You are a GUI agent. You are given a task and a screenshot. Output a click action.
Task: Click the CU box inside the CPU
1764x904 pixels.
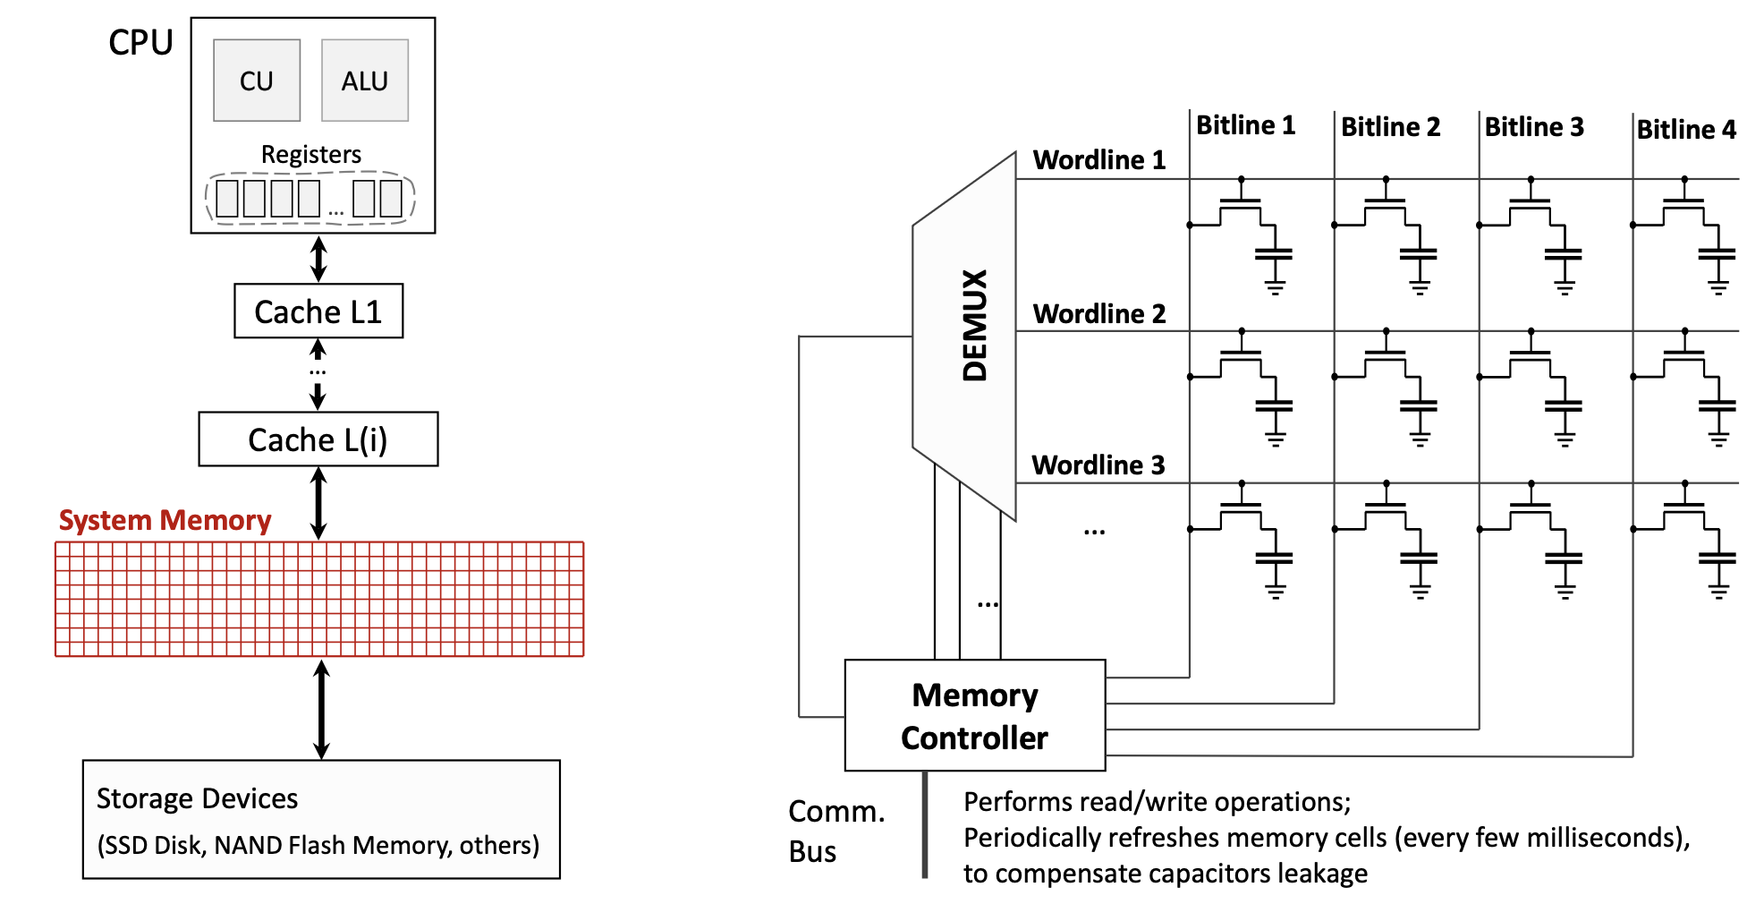257,81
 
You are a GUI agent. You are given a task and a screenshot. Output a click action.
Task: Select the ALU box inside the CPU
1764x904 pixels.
365,81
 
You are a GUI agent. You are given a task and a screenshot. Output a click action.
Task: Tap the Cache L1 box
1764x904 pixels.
318,311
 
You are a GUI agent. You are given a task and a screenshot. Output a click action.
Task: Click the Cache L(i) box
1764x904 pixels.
318,439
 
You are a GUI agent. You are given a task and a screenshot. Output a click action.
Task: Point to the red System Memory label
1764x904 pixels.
165,520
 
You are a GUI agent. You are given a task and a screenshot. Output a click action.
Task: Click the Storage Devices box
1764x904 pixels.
321,819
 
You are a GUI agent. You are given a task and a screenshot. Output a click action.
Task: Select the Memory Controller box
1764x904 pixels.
975,716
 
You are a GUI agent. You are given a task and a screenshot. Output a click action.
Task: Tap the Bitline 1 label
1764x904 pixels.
1245,125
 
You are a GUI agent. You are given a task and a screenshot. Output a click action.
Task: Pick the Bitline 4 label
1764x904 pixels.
1686,130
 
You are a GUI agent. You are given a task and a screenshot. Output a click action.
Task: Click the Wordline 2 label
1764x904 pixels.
1099,314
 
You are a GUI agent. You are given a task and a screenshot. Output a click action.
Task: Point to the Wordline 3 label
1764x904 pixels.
1098,465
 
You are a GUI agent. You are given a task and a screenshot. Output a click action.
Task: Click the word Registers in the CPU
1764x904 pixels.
311,154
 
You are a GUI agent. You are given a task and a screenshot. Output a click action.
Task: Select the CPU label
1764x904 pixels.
140,42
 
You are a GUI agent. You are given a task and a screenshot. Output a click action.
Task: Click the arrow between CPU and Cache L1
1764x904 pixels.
318,259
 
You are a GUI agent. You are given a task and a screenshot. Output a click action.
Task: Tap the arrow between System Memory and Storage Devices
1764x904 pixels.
322,709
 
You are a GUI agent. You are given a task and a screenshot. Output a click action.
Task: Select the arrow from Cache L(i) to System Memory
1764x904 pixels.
318,503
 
